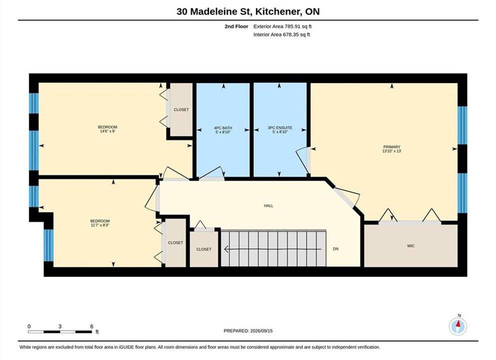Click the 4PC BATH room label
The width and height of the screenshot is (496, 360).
click(x=223, y=128)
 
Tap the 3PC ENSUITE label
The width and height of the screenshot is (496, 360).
click(x=280, y=128)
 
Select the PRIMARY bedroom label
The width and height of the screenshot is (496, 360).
click(x=392, y=147)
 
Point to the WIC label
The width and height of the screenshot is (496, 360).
click(x=411, y=245)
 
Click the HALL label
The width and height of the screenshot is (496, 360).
click(x=269, y=206)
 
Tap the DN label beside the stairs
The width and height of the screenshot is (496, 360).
click(x=336, y=249)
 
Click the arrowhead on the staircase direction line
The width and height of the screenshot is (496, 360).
click(x=226, y=249)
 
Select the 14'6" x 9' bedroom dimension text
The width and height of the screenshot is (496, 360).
click(x=107, y=131)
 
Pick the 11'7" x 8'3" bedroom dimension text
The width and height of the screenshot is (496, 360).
click(x=100, y=225)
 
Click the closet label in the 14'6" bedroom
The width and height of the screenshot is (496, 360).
click(x=181, y=109)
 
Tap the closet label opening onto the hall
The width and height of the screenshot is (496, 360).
click(x=204, y=249)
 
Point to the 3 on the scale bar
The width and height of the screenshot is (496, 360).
click(x=60, y=326)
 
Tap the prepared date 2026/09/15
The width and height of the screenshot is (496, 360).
click(x=261, y=331)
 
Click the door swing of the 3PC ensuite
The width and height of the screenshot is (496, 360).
click(x=302, y=161)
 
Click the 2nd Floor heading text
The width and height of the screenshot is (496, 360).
click(x=236, y=26)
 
